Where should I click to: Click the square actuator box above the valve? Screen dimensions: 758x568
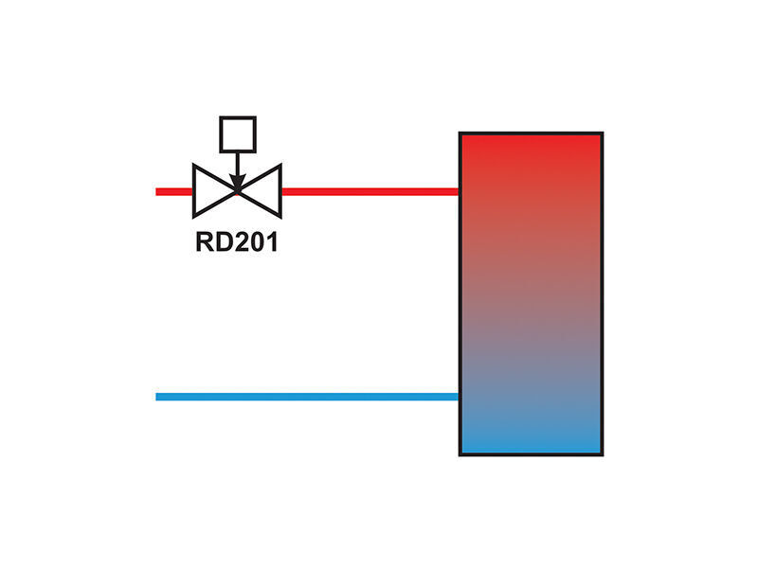coord(238,134)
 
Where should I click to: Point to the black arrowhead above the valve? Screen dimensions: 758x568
coord(237,183)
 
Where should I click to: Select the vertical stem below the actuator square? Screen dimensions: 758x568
coord(237,164)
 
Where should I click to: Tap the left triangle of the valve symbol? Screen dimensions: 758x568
coord(212,191)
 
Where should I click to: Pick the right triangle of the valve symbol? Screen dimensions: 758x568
coord(262,191)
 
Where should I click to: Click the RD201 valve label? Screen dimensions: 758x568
coord(237,242)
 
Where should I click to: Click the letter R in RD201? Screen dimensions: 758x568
coord(204,242)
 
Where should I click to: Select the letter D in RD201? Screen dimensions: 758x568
coord(223,242)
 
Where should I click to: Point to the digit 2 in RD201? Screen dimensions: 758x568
coord(241,242)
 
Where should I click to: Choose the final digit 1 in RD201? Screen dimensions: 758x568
coord(273,242)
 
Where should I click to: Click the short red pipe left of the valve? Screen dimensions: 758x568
coord(174,192)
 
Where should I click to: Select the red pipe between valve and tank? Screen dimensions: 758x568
coord(370,192)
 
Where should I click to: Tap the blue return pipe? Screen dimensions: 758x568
coord(307,397)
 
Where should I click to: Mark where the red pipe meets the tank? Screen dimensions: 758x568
coord(460,192)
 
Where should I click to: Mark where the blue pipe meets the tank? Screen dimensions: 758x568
coord(460,397)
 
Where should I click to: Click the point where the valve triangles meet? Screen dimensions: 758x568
coord(237,192)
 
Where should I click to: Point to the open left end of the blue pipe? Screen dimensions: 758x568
coord(156,397)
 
